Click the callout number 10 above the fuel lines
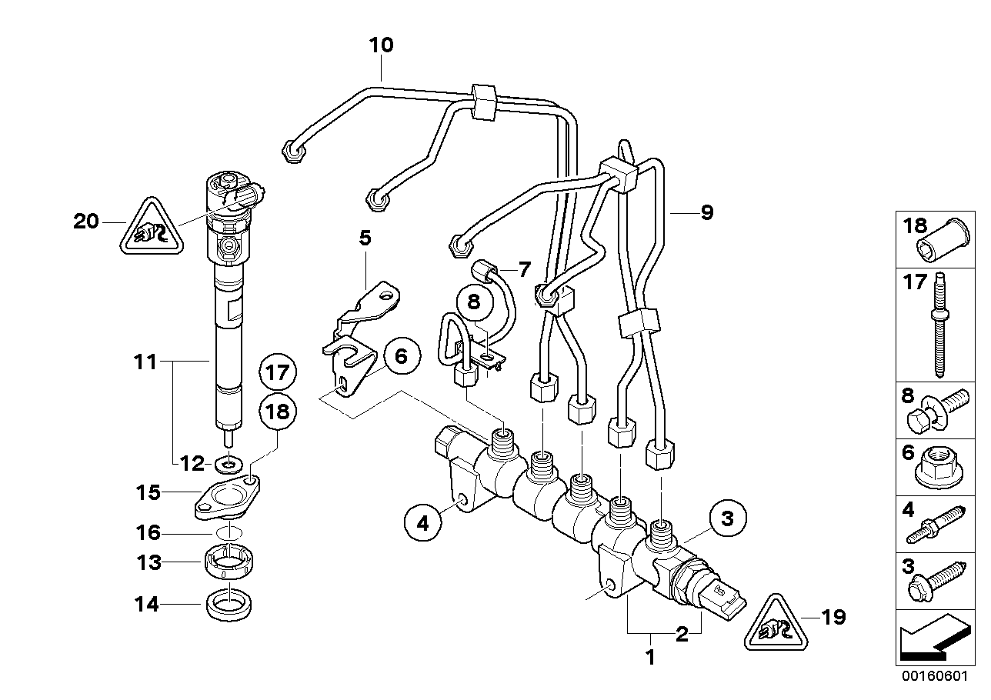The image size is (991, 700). point(381,45)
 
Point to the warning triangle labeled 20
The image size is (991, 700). point(152,227)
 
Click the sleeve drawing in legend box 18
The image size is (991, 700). point(940,243)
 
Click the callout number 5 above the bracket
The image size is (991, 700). point(365,238)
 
